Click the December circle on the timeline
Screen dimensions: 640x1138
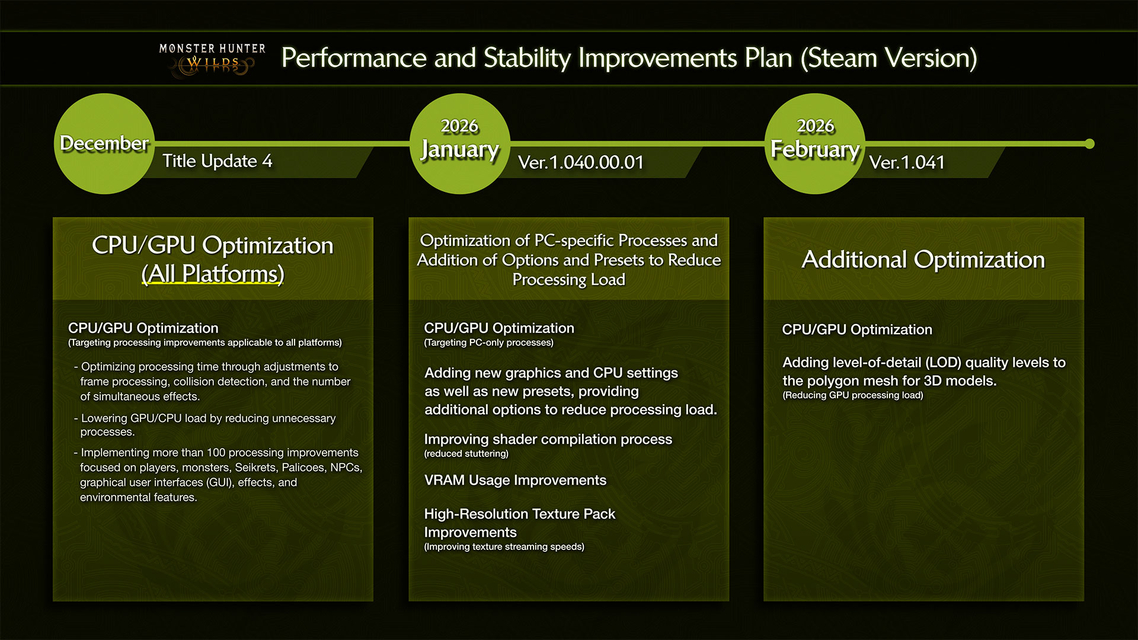[x=104, y=143]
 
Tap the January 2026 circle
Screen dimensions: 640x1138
[x=460, y=143]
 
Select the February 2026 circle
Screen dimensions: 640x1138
[x=815, y=143]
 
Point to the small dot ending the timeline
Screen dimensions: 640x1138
[x=1089, y=143]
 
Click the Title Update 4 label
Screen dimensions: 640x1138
[x=218, y=161]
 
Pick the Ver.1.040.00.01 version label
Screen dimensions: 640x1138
[x=581, y=162]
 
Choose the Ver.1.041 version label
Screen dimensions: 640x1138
[x=907, y=162]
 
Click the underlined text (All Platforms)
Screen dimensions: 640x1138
[x=213, y=274]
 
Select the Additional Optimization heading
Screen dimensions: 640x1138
[x=923, y=260]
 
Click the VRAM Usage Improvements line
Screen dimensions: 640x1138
[x=515, y=480]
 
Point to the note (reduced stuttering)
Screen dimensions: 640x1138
[x=466, y=454]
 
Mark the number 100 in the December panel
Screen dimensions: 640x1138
[x=216, y=453]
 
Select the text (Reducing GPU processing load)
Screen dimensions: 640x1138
[x=852, y=395]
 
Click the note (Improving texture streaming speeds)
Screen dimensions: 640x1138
[x=504, y=547]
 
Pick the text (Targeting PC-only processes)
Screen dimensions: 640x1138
[x=488, y=343]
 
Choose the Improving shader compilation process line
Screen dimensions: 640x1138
[x=548, y=439]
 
